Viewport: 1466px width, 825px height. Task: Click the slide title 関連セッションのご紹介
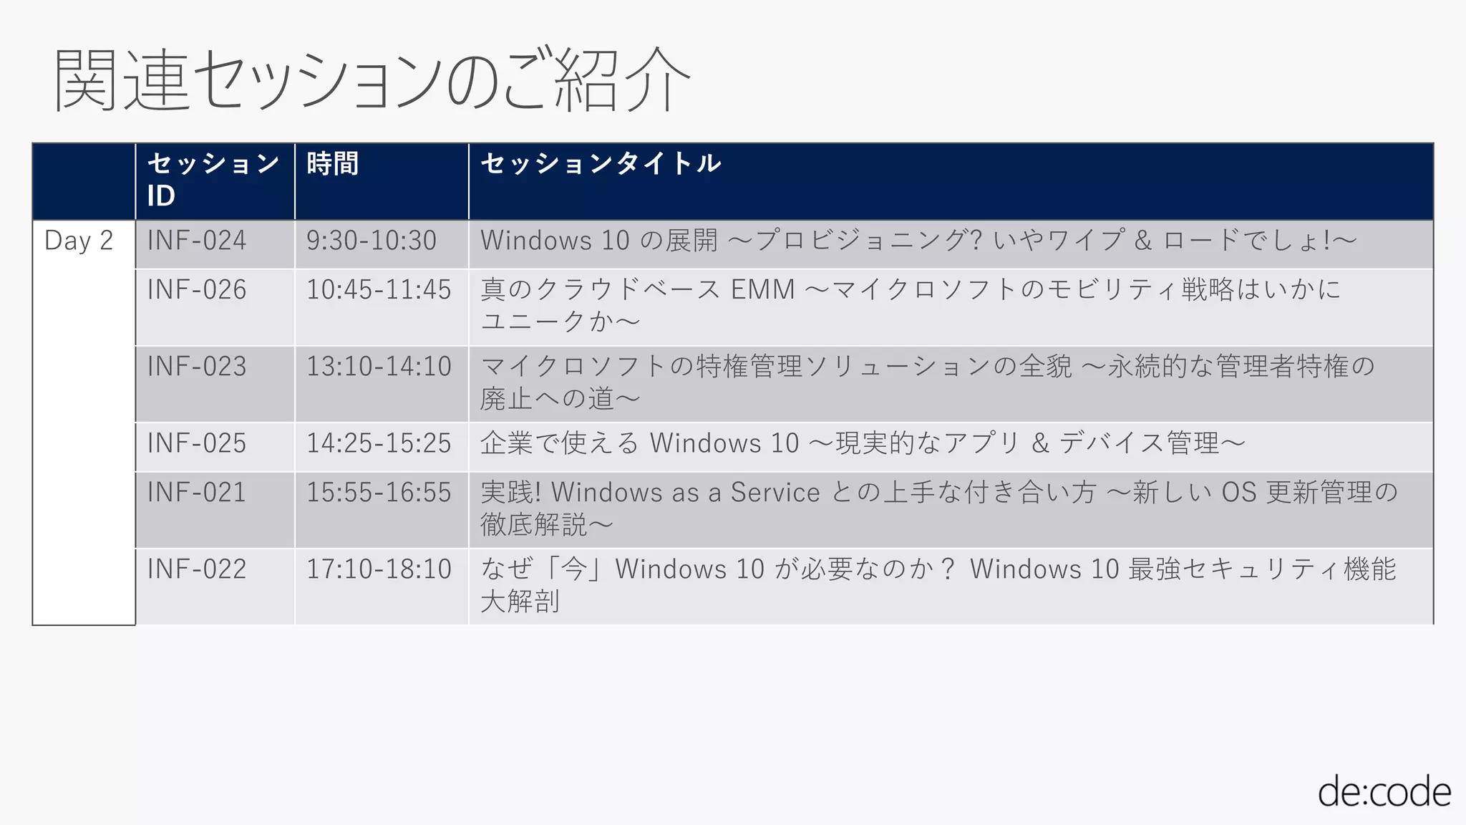click(372, 80)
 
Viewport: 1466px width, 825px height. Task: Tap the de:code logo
click(1384, 792)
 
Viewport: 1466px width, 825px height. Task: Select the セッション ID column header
click(213, 179)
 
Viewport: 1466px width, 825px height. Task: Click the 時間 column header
click(333, 164)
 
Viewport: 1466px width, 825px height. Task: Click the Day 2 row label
click(79, 241)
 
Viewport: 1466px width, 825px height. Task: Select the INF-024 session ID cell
click(197, 241)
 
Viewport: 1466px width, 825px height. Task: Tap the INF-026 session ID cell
click(197, 290)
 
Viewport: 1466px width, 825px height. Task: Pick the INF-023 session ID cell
click(197, 367)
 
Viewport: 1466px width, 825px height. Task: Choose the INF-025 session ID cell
click(197, 443)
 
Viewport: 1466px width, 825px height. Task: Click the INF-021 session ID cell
click(197, 493)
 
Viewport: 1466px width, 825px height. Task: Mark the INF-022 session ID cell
click(197, 569)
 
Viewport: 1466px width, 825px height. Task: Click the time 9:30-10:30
click(371, 241)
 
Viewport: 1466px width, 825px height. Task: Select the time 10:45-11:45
click(379, 290)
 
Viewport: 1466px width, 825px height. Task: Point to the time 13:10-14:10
click(379, 367)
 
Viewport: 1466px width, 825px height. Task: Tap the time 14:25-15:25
click(379, 443)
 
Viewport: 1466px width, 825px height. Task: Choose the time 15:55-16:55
click(379, 493)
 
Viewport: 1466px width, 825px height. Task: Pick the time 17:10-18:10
click(379, 569)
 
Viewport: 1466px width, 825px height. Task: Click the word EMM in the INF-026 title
click(762, 290)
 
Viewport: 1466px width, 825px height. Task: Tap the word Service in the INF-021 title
click(775, 493)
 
